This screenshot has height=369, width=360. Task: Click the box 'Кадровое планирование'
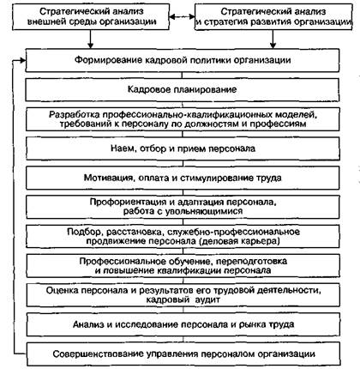click(183, 89)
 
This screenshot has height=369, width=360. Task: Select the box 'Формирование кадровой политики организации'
click(183, 60)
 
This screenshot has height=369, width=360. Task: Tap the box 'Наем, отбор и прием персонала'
click(183, 148)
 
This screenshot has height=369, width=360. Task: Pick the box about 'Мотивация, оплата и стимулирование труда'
click(183, 178)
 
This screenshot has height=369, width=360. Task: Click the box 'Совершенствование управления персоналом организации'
click(183, 354)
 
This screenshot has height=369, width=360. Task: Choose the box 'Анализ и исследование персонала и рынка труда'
click(183, 324)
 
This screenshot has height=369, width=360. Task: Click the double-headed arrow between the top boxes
click(182, 16)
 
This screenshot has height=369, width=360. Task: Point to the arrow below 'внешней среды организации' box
click(90, 39)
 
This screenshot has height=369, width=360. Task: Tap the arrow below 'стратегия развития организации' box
click(273, 39)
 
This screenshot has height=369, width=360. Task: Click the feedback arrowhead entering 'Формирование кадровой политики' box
click(22, 60)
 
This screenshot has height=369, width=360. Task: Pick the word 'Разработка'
click(75, 115)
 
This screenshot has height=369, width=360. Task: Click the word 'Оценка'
click(62, 290)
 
